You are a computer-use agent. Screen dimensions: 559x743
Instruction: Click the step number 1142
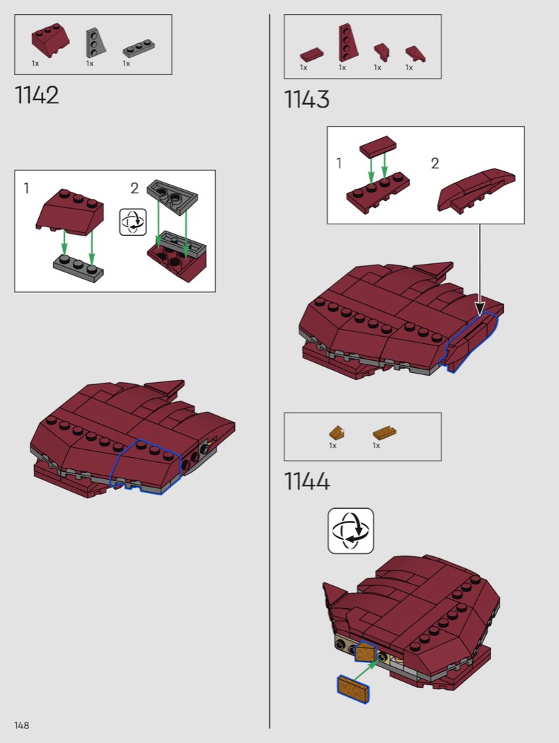click(37, 95)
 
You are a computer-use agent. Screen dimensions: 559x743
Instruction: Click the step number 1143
click(306, 100)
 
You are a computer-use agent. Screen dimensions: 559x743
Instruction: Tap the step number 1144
click(307, 481)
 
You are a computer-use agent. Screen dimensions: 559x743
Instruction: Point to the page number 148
click(22, 725)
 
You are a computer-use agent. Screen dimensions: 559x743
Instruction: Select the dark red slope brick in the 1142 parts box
click(51, 40)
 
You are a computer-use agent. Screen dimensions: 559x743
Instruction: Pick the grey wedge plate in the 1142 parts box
click(96, 42)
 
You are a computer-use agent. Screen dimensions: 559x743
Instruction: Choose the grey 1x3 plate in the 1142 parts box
click(140, 49)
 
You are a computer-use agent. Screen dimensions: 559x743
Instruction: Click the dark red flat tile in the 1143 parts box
click(312, 54)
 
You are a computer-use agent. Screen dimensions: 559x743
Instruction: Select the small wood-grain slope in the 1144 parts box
click(337, 432)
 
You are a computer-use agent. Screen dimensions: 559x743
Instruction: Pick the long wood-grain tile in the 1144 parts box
click(385, 432)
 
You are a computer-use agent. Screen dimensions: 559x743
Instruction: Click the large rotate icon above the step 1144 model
click(350, 531)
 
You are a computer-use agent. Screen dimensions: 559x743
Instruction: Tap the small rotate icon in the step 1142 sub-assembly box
click(133, 221)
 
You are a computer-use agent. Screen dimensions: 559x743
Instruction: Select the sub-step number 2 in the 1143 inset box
click(435, 163)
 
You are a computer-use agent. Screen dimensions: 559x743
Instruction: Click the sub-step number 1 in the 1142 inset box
click(26, 189)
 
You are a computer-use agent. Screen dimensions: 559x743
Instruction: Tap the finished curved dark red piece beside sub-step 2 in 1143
click(476, 189)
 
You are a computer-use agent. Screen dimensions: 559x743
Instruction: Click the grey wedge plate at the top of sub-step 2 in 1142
click(173, 195)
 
